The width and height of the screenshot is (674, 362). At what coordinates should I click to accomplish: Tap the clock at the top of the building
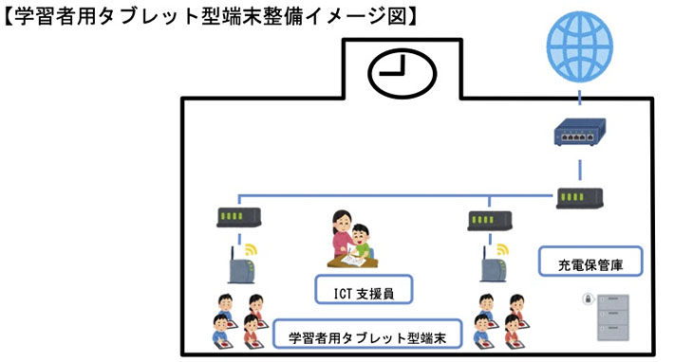click(399, 73)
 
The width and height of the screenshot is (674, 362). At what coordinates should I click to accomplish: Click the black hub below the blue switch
click(579, 198)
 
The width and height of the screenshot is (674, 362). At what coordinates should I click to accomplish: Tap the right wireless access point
click(491, 267)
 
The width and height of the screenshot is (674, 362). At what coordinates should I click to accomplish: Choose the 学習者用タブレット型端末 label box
click(367, 336)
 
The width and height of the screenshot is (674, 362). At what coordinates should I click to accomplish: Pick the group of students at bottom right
click(499, 321)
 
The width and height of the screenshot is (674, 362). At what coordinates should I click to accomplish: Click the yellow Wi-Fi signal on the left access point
click(252, 250)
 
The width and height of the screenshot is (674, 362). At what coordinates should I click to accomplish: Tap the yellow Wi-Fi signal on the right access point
click(505, 251)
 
